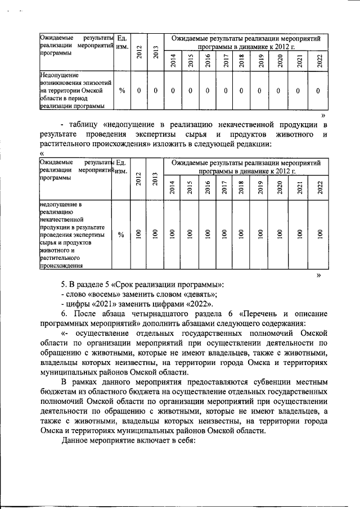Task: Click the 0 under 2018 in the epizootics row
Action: [241, 91]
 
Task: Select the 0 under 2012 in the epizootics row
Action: [138, 91]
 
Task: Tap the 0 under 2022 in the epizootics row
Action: [318, 91]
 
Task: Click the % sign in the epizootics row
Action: [121, 91]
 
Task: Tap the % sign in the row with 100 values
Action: [121, 235]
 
